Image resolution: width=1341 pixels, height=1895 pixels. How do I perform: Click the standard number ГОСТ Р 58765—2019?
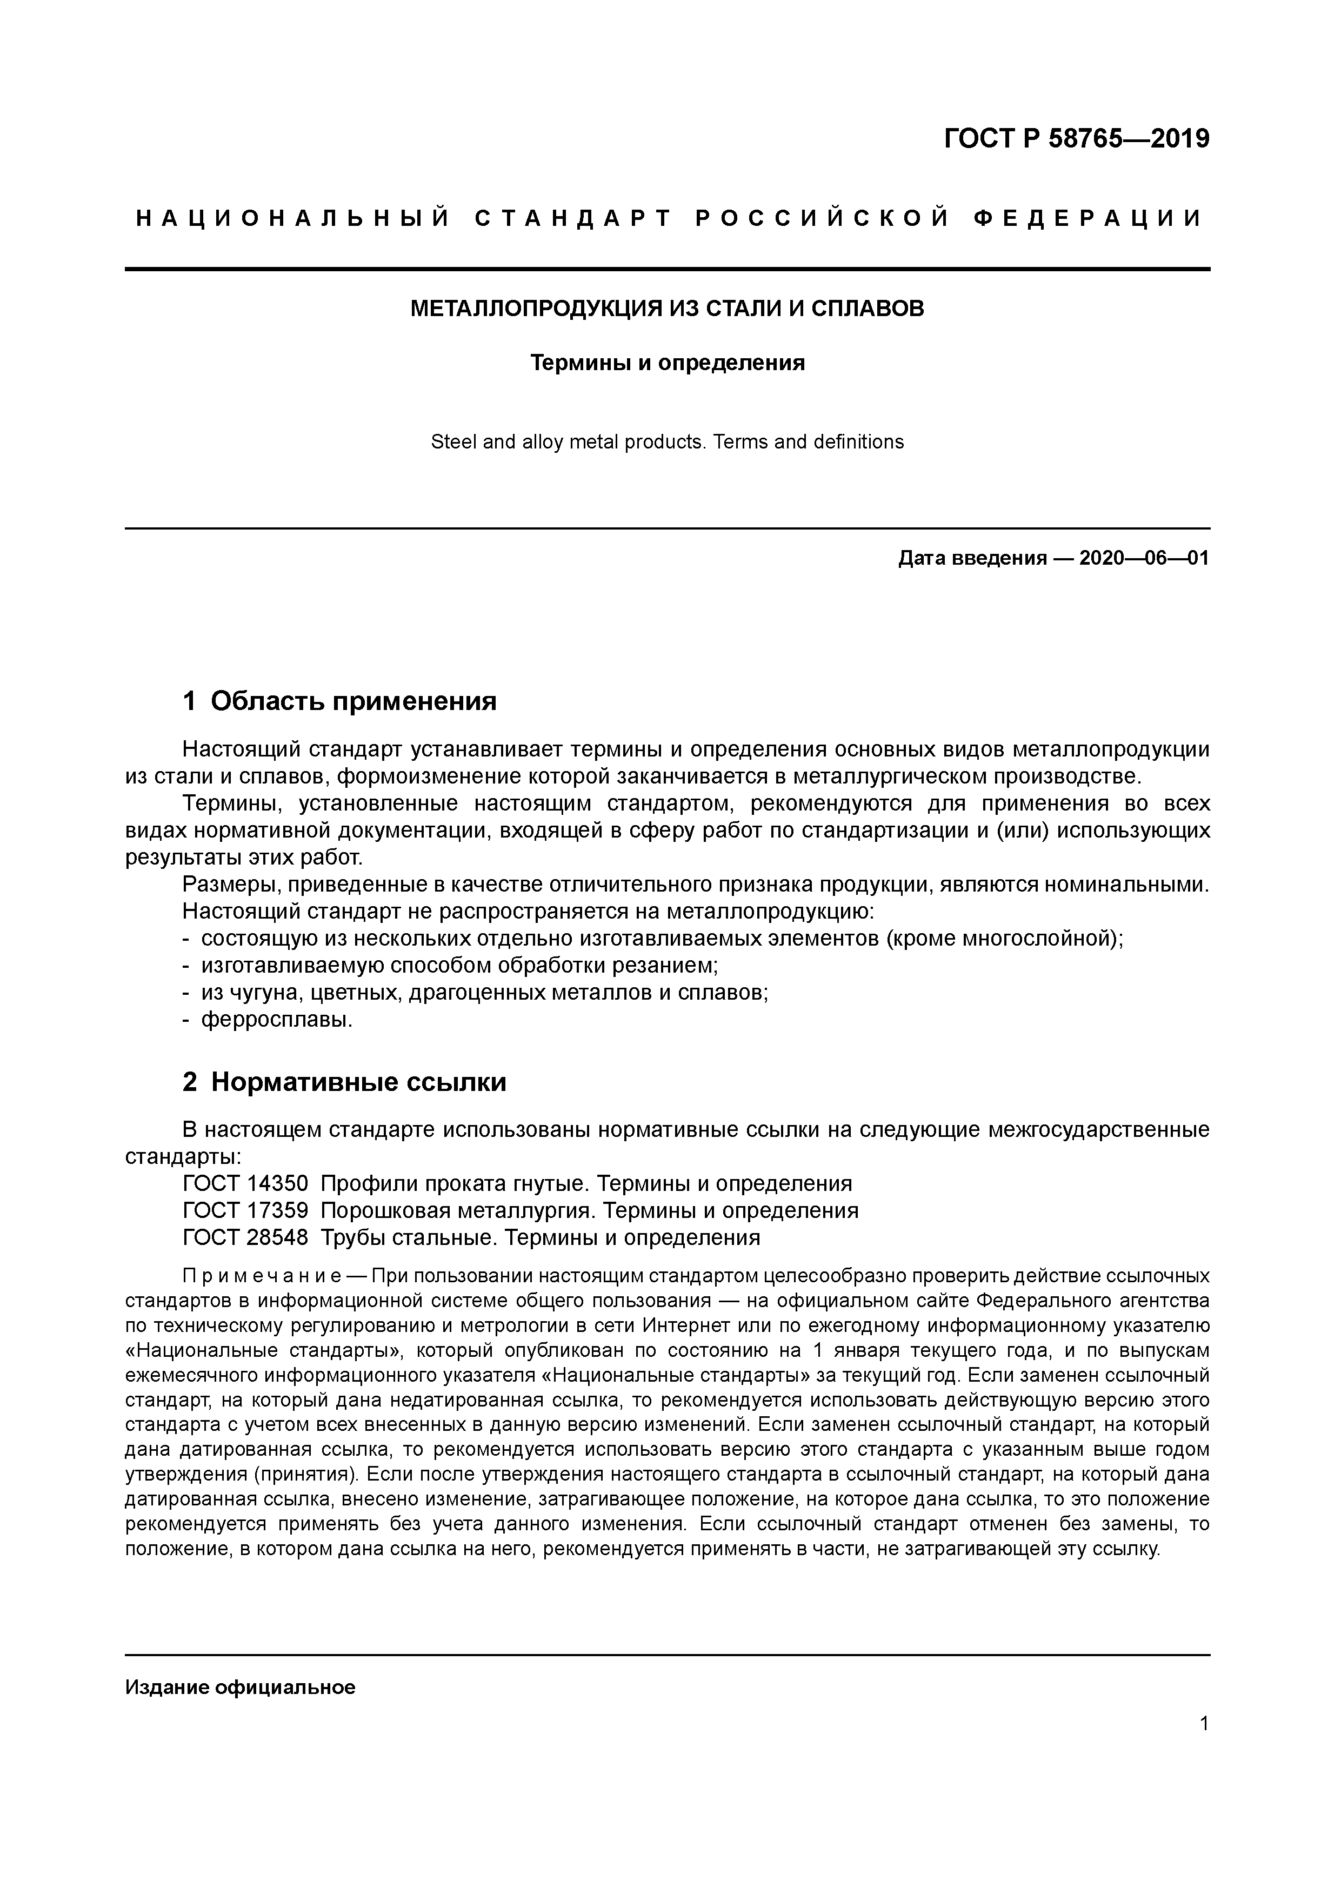[1076, 139]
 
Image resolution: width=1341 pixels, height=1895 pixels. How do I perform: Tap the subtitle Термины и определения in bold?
[667, 363]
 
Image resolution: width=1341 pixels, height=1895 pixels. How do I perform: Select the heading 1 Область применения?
[339, 701]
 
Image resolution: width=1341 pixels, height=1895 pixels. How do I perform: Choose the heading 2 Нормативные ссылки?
[344, 1082]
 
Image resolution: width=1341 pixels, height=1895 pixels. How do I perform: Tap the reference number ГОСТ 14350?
[245, 1183]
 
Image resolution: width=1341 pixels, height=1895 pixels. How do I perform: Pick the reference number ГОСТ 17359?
[245, 1211]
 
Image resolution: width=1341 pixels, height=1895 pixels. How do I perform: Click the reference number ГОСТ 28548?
[245, 1238]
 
